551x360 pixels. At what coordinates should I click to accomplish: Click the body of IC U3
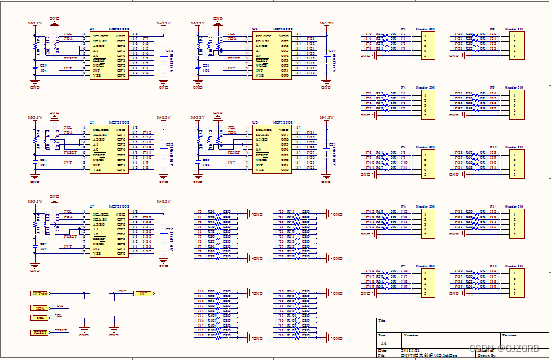tap(108, 55)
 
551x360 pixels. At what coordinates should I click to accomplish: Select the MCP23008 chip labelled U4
tap(271, 55)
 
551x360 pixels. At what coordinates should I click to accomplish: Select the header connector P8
tap(515, 43)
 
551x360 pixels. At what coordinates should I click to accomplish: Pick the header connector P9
tap(515, 102)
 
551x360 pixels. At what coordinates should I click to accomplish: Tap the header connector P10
tap(515, 162)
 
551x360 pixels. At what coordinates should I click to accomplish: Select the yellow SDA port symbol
tap(40, 308)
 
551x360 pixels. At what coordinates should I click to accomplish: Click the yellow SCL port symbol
tap(40, 318)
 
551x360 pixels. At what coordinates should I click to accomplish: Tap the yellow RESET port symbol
tap(40, 332)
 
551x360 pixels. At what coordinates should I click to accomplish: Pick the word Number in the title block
tap(411, 335)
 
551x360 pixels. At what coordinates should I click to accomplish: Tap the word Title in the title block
tap(383, 322)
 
